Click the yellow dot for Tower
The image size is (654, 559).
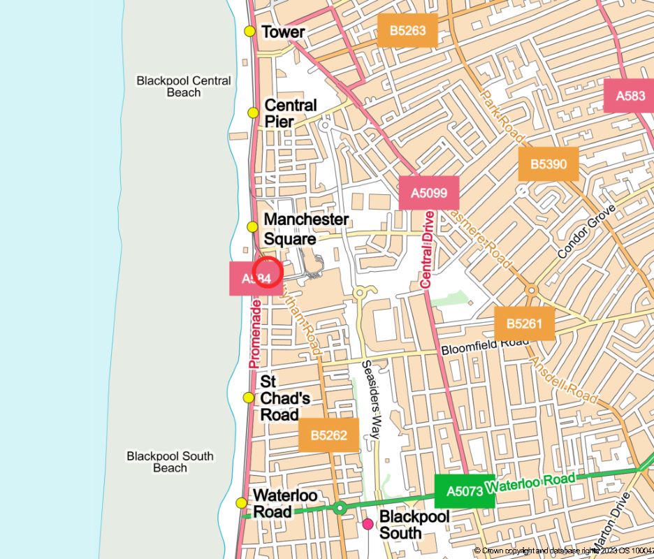click(x=249, y=31)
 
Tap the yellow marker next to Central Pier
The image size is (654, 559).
click(x=253, y=112)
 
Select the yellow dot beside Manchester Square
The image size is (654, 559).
click(x=253, y=226)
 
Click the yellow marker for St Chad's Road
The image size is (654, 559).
click(x=249, y=398)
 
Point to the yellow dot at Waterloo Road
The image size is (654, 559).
click(x=241, y=503)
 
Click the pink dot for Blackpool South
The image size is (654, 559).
click(x=368, y=524)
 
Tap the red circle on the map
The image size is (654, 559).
click(x=268, y=272)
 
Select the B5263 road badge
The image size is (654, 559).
click(x=407, y=30)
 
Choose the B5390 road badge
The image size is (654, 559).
click(x=548, y=164)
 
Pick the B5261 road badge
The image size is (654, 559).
click(x=525, y=324)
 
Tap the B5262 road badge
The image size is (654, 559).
click(x=328, y=435)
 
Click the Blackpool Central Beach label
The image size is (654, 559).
click(x=184, y=87)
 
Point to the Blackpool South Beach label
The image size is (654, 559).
click(x=170, y=462)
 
